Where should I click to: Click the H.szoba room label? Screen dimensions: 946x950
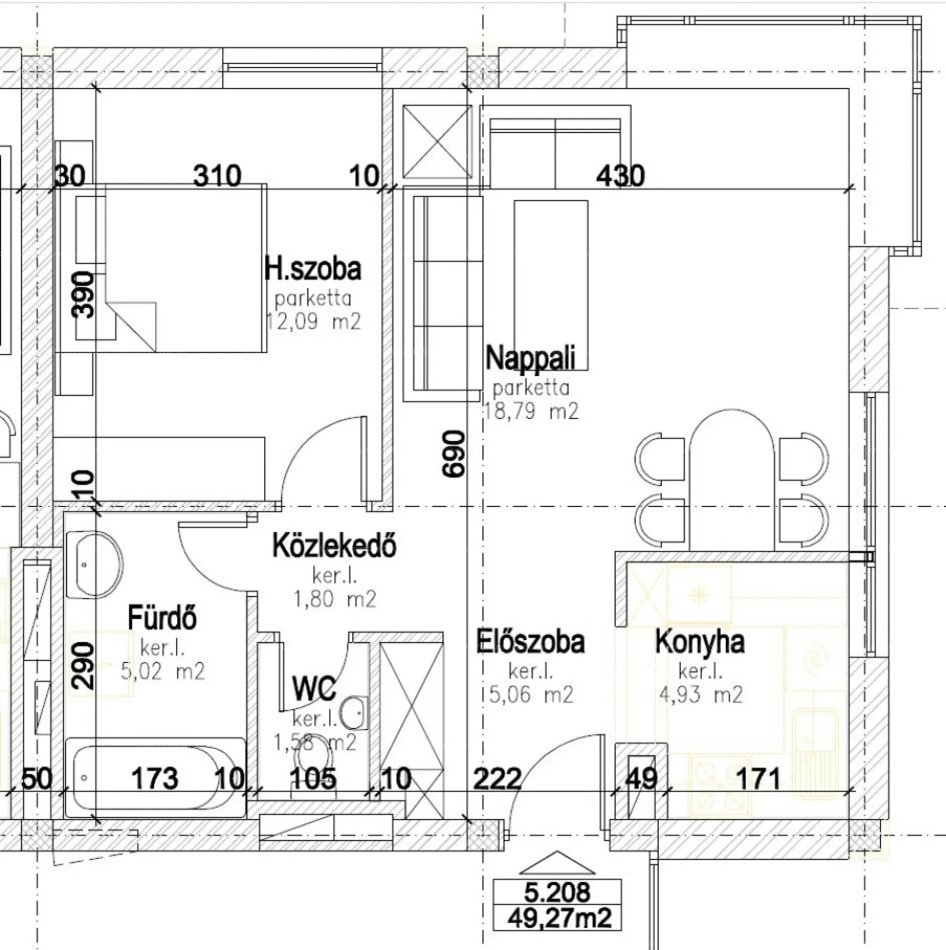(313, 269)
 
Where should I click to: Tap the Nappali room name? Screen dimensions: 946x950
(530, 358)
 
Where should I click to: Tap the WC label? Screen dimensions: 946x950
(314, 689)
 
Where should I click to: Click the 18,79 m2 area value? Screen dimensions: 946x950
(531, 411)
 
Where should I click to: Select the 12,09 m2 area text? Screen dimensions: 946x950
(313, 322)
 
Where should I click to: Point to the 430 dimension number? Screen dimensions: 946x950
(620, 176)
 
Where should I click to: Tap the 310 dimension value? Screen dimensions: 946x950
(217, 176)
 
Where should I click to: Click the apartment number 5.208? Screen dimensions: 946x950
(557, 892)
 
